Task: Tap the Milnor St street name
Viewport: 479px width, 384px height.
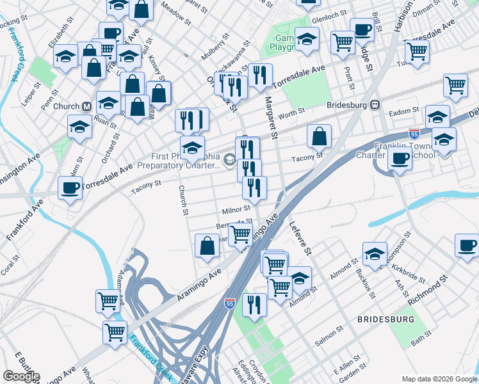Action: point(236,209)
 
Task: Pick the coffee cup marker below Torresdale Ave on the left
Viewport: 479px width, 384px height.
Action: point(70,188)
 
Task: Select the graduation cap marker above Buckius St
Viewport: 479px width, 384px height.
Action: point(375,254)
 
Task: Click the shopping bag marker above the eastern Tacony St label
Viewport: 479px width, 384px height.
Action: point(319,136)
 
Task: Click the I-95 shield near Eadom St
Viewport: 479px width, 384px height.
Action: point(414,134)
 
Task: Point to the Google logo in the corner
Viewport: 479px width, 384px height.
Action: point(20,376)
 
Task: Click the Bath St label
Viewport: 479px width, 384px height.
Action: point(421,338)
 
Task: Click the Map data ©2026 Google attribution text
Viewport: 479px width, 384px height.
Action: point(439,378)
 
